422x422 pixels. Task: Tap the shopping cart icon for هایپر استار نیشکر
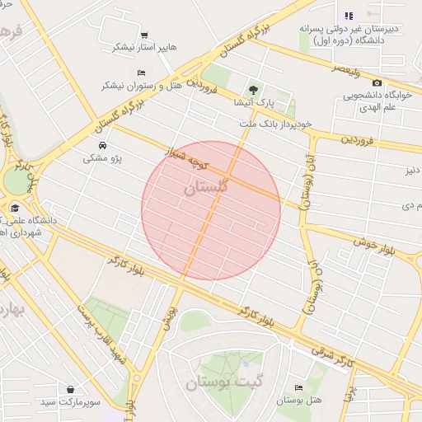pyautogui.click(x=145, y=35)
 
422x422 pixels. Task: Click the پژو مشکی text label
pyautogui.click(x=101, y=157)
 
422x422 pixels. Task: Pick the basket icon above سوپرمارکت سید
pyautogui.click(x=72, y=389)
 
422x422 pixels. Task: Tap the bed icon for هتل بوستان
pyautogui.click(x=298, y=387)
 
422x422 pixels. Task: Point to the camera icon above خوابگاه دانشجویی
pyautogui.click(x=377, y=82)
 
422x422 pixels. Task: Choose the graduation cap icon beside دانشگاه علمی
pyautogui.click(x=15, y=209)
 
